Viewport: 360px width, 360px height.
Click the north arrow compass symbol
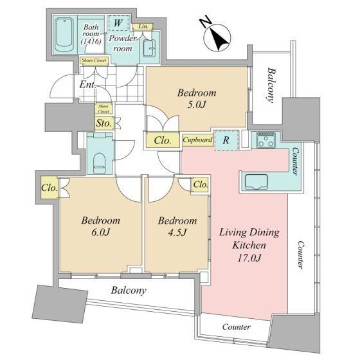pos(217,37)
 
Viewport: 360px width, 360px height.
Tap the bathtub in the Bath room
pos(64,35)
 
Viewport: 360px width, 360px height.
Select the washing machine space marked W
pos(119,23)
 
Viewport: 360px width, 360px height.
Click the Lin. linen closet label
pos(143,26)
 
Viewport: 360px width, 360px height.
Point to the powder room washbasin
pos(148,48)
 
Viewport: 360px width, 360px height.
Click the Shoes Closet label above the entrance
pos(94,60)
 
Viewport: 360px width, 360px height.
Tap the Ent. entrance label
pos(87,85)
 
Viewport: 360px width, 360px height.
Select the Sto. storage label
pos(104,123)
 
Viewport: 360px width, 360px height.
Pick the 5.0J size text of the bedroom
pos(197,105)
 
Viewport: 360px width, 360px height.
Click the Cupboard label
pos(197,139)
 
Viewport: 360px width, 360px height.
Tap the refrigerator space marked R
pos(226,140)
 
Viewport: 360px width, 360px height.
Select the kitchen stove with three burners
pos(266,140)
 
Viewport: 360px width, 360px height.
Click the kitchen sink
pos(256,182)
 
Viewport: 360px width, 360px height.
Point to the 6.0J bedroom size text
pos(100,232)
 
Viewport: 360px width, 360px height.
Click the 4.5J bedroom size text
pos(177,233)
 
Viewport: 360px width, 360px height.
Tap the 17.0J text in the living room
pos(249,258)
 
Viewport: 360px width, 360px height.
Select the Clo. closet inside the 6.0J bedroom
pos(50,188)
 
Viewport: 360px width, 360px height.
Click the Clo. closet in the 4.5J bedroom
pos(201,184)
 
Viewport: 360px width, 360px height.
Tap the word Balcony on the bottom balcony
pos(129,291)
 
